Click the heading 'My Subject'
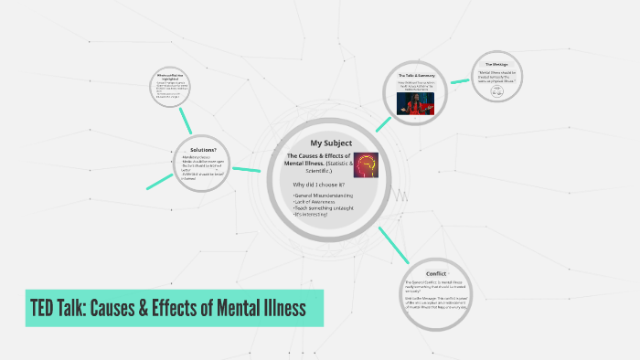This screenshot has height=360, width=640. tap(330, 143)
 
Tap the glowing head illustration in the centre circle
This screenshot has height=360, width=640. tap(366, 164)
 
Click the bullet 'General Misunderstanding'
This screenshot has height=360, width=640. tap(323, 196)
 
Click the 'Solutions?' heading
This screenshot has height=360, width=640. tap(203, 149)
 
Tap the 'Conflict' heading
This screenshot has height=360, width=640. tap(435, 272)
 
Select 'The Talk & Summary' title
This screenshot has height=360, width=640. tap(414, 74)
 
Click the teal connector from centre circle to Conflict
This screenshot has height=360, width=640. tap(393, 240)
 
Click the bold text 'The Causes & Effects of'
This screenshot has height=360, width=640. tap(319, 156)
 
